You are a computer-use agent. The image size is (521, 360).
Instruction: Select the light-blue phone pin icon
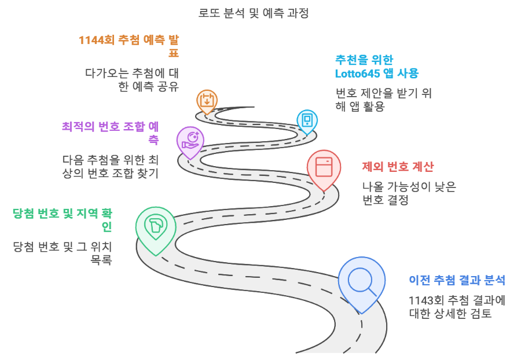[x=307, y=120]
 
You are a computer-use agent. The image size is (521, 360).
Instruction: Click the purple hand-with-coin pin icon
[x=190, y=141]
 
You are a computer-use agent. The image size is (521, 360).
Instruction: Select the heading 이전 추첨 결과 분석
[x=457, y=280]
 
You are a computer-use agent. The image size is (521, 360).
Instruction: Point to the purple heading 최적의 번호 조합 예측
[x=111, y=133]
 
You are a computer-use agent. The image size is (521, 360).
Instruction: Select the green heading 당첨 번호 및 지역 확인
[x=63, y=219]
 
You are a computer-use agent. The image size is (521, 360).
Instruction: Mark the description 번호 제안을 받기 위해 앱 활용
[x=383, y=100]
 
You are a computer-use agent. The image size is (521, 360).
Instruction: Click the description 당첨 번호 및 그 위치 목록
[x=63, y=252]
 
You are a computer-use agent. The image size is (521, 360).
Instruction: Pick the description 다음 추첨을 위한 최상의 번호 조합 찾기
[x=110, y=166]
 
